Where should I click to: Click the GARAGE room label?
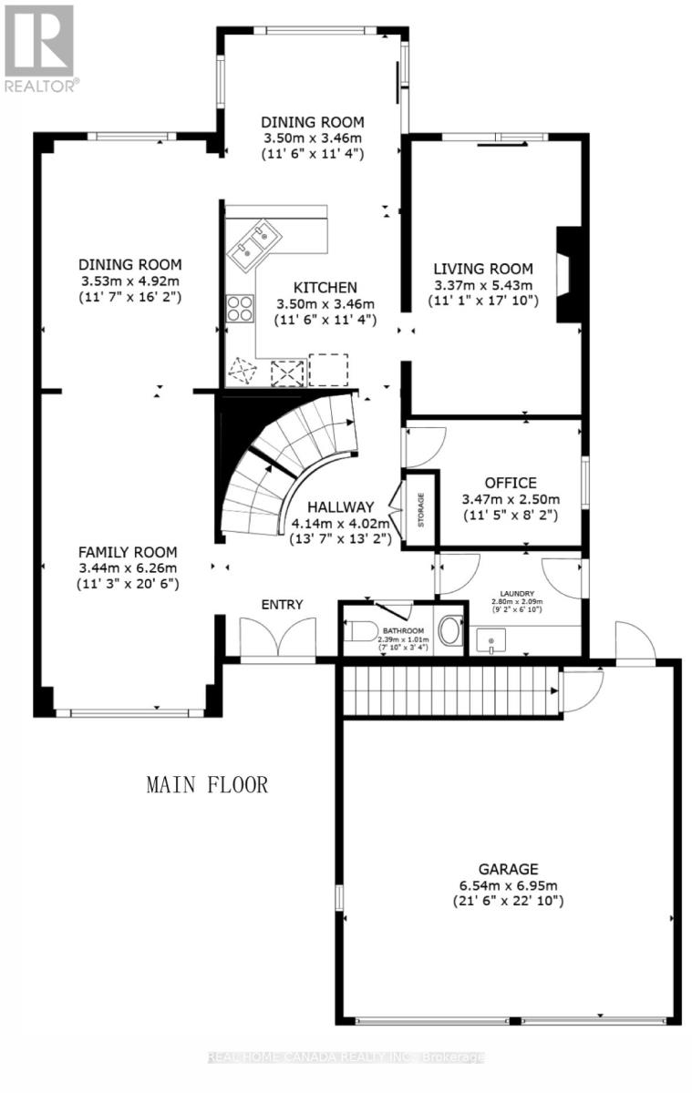coord(508,868)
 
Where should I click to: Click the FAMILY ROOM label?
coord(127,552)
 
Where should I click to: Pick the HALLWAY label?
coord(340,506)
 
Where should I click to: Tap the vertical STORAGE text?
coord(420,510)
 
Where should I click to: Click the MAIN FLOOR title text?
coord(207,784)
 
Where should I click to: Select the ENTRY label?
coord(282,604)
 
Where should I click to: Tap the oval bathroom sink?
coord(449,631)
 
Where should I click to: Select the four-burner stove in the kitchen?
coord(240,309)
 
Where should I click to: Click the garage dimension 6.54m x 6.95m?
coord(508,884)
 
